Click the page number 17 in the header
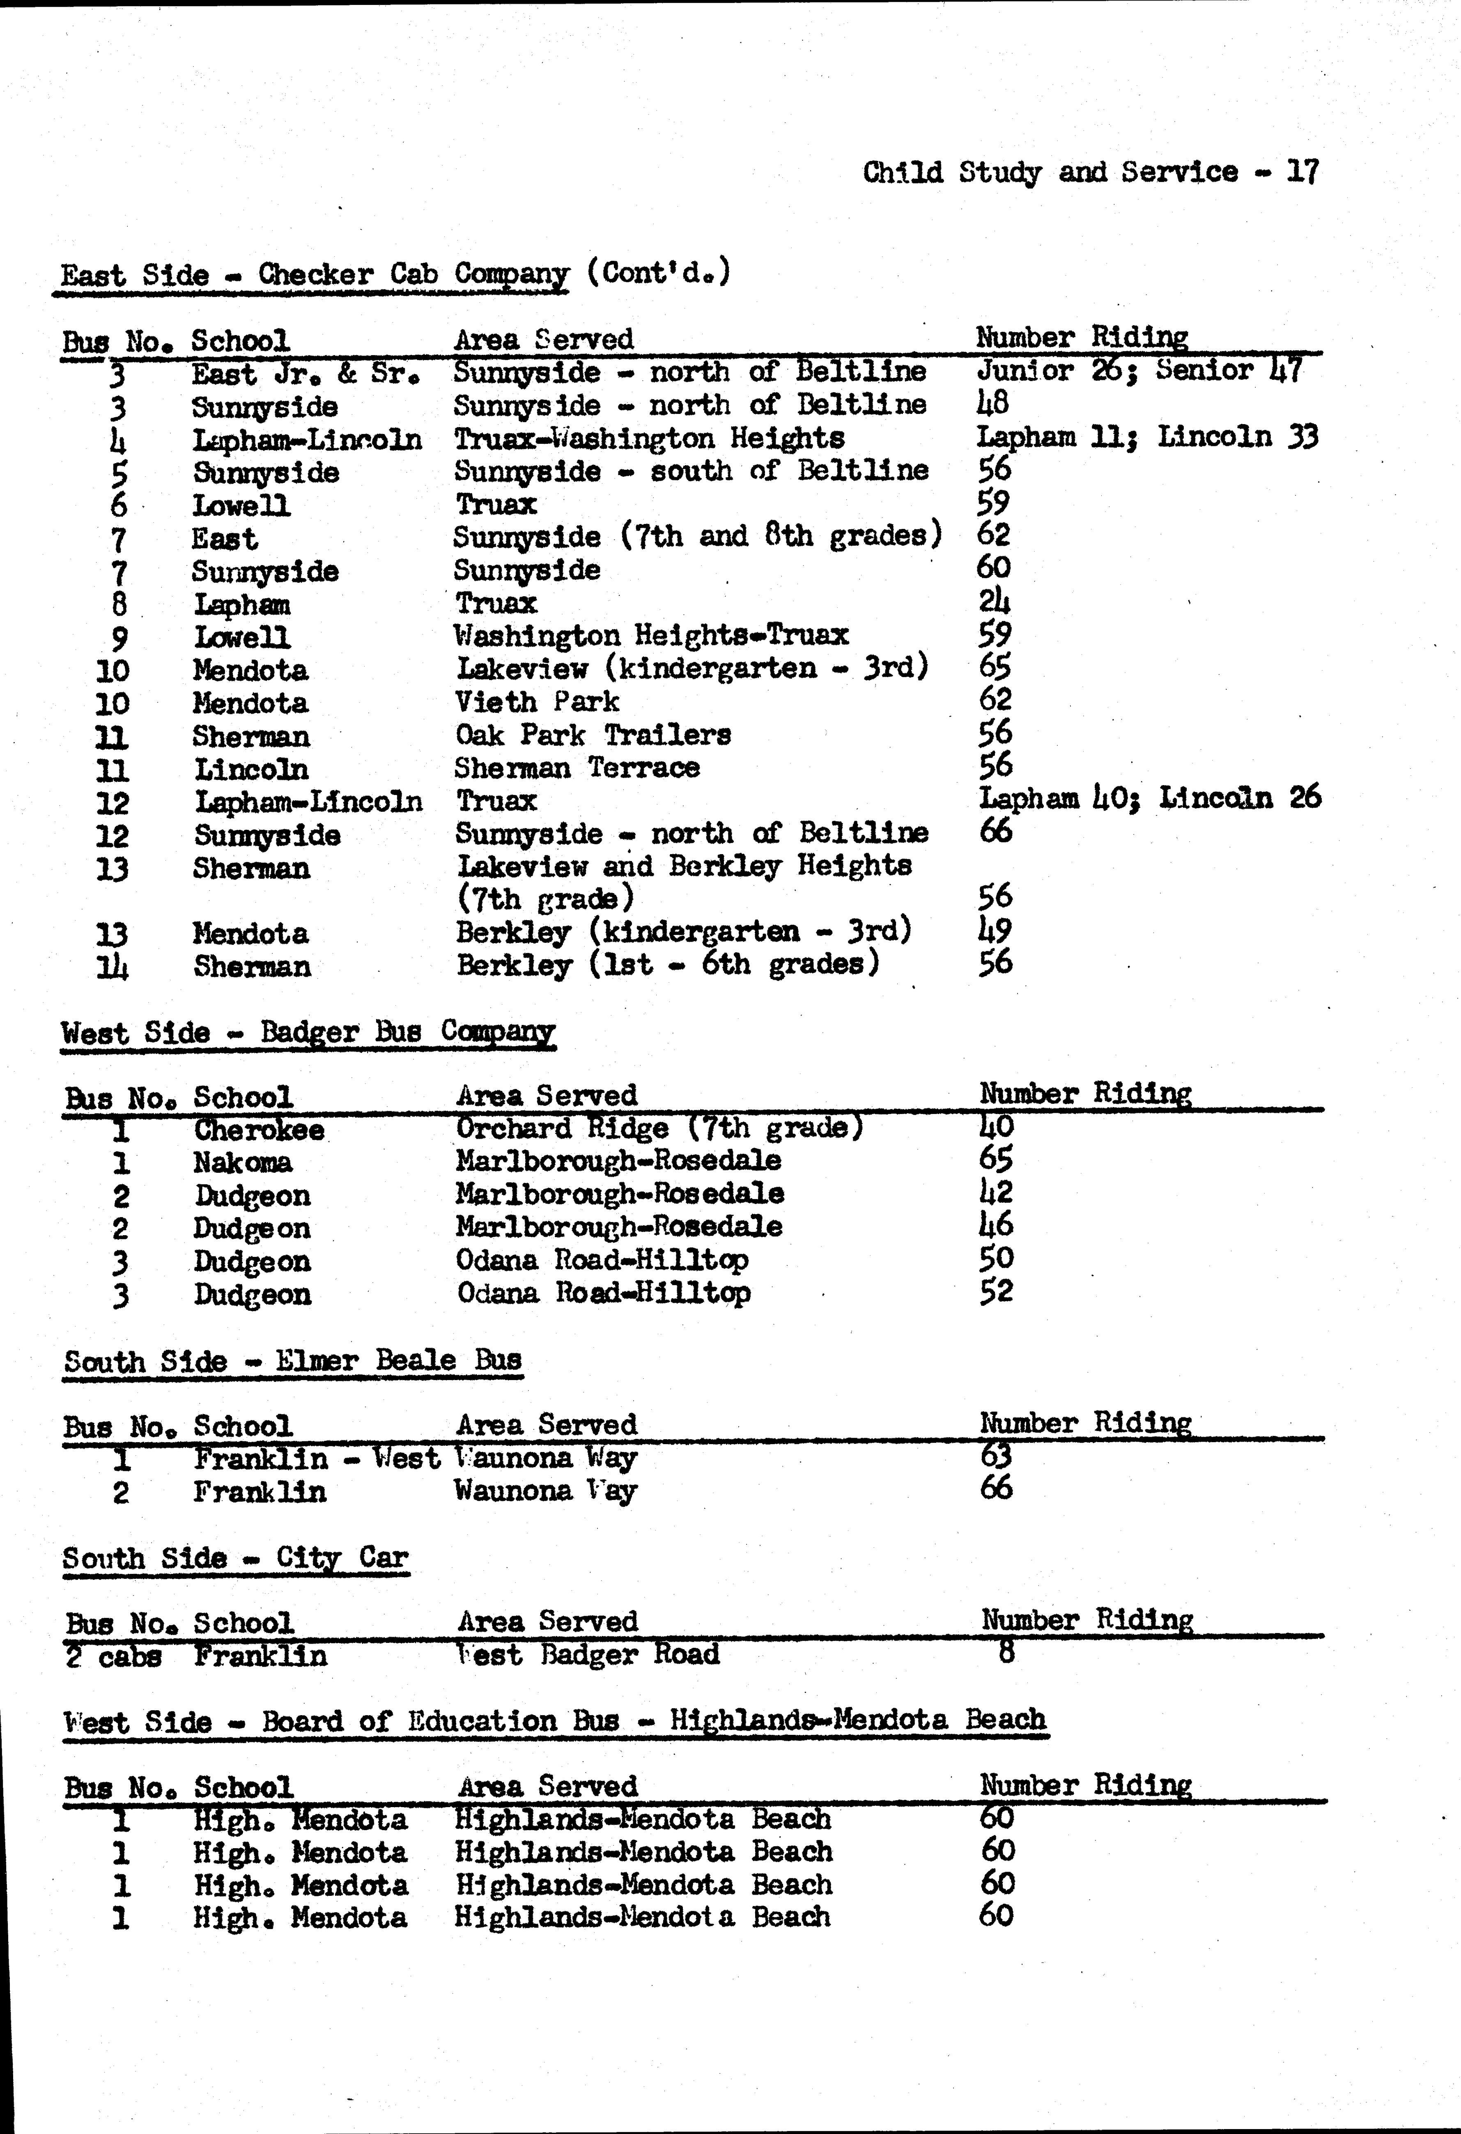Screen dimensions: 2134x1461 click(1302, 172)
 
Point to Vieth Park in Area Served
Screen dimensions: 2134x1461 click(537, 703)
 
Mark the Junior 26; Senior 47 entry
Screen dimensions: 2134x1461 click(1139, 371)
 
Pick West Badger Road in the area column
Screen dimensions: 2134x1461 click(588, 1655)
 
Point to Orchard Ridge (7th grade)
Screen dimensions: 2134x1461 click(659, 1128)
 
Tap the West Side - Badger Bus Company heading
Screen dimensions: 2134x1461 click(308, 1032)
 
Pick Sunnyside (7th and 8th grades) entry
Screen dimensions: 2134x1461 click(697, 536)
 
